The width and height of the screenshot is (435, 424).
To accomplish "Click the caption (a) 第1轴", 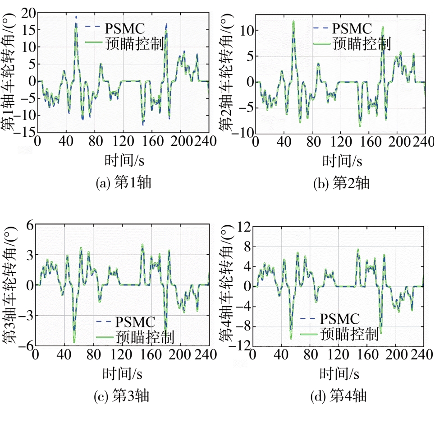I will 124,183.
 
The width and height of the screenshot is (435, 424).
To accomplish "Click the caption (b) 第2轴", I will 341,183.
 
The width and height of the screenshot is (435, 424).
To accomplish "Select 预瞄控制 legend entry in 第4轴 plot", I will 349,334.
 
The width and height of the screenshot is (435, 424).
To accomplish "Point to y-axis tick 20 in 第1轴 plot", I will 28,13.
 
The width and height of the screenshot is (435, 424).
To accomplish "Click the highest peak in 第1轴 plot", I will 76,17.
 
